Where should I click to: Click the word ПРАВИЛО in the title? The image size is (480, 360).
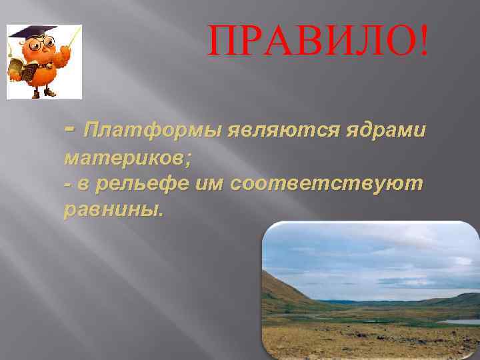(x=311, y=42)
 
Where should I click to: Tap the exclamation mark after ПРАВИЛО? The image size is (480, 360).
(x=425, y=42)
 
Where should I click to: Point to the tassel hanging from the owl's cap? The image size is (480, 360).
(x=14, y=44)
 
